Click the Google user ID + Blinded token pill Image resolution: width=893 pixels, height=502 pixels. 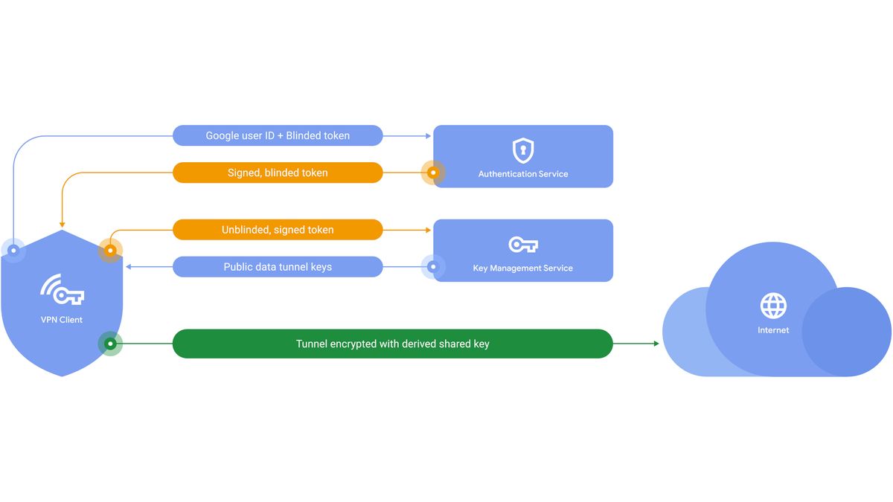pyautogui.click(x=278, y=135)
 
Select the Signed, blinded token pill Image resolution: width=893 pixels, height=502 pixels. pyautogui.click(x=278, y=173)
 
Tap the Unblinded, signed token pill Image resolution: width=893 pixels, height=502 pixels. pyautogui.click(x=278, y=230)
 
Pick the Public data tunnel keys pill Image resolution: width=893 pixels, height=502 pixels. pyautogui.click(x=278, y=267)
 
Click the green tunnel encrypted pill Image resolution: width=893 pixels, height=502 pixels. pyautogui.click(x=392, y=344)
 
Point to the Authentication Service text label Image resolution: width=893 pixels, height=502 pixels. pyautogui.click(x=523, y=174)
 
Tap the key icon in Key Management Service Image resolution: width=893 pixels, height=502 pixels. pyautogui.click(x=523, y=244)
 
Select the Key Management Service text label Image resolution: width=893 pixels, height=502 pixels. pyautogui.click(x=523, y=268)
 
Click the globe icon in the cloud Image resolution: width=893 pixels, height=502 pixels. pyautogui.click(x=773, y=305)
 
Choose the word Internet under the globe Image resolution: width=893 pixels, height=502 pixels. pyautogui.click(x=773, y=329)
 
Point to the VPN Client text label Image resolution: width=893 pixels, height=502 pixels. pyautogui.click(x=62, y=320)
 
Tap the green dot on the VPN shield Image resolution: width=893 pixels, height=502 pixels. pyautogui.click(x=110, y=344)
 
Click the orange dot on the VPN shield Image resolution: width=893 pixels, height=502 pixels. pyautogui.click(x=110, y=251)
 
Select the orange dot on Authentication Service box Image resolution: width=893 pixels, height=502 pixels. pyautogui.click(x=433, y=173)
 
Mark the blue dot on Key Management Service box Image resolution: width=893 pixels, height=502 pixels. pyautogui.click(x=433, y=267)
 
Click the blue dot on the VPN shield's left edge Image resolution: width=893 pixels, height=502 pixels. pyautogui.click(x=13, y=251)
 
